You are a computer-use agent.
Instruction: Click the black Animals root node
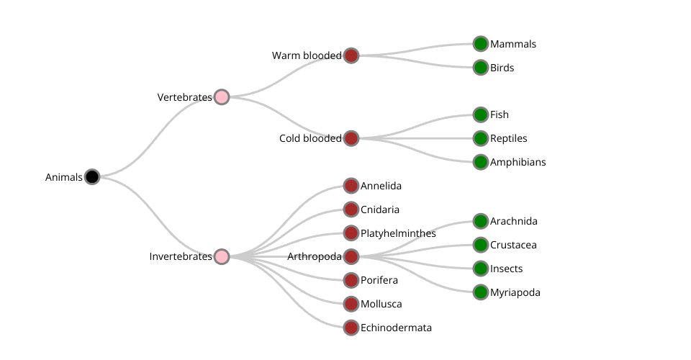[91, 176]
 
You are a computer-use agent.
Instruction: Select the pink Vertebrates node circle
[222, 96]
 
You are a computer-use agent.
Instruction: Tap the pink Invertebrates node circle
[222, 256]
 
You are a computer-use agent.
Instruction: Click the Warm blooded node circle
[351, 55]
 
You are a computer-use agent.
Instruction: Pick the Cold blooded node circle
[351, 138]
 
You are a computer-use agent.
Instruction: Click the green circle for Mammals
[481, 44]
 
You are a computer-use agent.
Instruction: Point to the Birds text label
[502, 68]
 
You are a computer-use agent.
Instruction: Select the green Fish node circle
[481, 114]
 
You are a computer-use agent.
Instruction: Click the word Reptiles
[508, 138]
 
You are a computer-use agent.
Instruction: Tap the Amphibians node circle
[481, 162]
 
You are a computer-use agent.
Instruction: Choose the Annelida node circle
[351, 186]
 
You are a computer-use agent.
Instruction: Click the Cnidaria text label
[379, 210]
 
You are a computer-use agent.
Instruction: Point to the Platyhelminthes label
[398, 233]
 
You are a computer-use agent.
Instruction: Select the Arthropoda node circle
[351, 256]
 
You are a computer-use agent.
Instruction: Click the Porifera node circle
[351, 280]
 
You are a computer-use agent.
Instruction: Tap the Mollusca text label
[381, 304]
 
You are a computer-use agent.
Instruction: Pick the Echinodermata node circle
[351, 328]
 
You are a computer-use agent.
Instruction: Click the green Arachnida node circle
[481, 221]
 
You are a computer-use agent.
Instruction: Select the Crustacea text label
[513, 245]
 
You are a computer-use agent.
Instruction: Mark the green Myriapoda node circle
[481, 292]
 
